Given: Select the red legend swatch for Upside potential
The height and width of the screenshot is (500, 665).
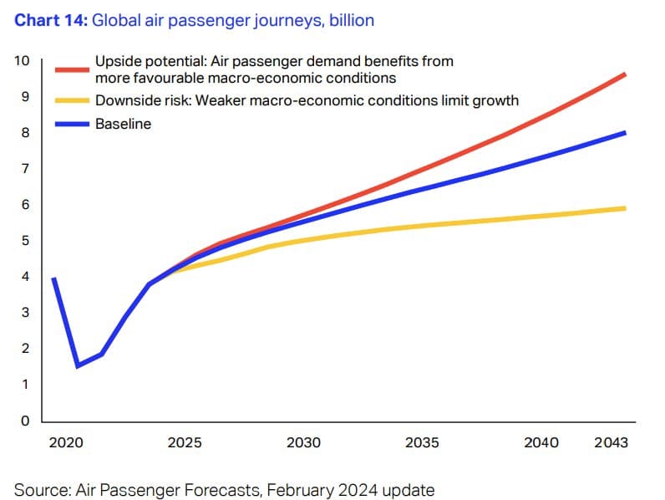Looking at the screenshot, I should [72, 70].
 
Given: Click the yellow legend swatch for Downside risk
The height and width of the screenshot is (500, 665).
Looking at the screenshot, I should [72, 101].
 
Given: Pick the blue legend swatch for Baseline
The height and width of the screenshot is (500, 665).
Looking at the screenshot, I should [72, 125].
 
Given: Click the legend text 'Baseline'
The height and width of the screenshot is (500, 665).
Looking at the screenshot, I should [123, 125].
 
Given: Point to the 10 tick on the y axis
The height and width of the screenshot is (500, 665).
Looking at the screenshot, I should [22, 61].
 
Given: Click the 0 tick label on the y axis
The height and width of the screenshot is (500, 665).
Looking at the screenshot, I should [26, 421].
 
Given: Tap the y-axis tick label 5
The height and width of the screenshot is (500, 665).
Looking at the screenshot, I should [26, 241].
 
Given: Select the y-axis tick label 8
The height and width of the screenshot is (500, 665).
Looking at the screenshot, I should [26, 133].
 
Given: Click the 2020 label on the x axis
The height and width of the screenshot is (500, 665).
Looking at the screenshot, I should [66, 442].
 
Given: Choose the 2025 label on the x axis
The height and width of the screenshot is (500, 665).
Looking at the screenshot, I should [185, 442].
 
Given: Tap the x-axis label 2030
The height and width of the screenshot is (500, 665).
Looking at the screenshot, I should [303, 442].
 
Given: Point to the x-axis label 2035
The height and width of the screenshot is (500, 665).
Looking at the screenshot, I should [422, 442].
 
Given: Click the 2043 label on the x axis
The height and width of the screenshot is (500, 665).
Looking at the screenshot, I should [611, 442].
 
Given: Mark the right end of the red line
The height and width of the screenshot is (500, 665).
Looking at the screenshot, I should [626, 74].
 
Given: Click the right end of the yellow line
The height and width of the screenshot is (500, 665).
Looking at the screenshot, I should [626, 208].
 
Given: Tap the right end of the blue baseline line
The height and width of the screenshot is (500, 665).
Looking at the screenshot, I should [626, 133].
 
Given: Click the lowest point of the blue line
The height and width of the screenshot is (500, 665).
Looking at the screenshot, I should [78, 365].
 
